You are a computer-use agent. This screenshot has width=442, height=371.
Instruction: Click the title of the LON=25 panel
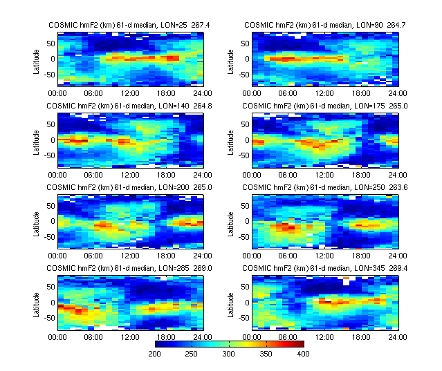pos(111,25)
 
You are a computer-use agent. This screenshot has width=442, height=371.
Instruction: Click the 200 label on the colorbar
pos(155,354)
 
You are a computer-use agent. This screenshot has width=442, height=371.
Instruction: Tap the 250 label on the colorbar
pos(192,354)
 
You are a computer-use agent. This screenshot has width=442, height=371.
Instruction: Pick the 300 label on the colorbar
pos(230,354)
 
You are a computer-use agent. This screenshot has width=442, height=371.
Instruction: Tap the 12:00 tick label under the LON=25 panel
pos(130,93)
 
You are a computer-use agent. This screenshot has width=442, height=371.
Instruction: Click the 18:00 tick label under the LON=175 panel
pos(362,174)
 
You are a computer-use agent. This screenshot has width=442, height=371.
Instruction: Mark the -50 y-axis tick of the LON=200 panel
pos(48,236)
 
